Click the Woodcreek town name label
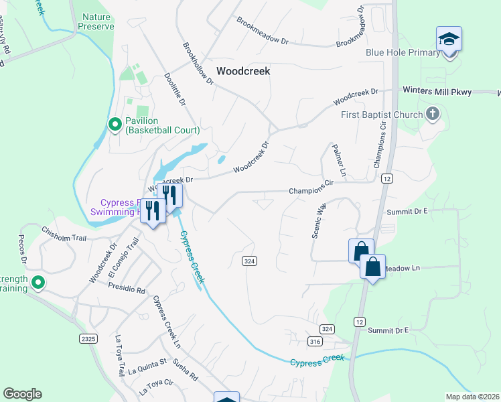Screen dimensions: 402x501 coord(243,70)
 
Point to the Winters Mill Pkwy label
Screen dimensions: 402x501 coord(437,91)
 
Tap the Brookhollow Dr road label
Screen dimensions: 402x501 coord(198,64)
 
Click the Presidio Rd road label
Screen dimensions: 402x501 coord(127,288)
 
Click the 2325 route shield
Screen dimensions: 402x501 coord(88,338)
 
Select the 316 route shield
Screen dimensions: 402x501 coord(315,342)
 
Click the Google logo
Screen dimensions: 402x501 coord(22,394)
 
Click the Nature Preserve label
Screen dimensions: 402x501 coord(98,21)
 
